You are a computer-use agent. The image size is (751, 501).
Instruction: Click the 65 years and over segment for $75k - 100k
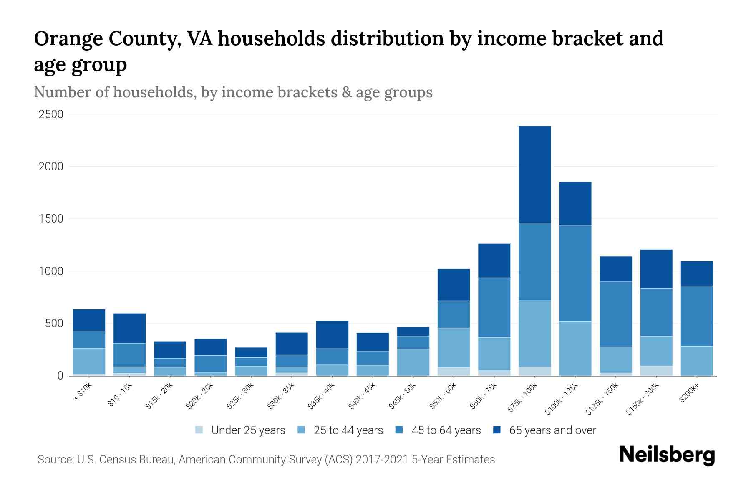(x=534, y=175)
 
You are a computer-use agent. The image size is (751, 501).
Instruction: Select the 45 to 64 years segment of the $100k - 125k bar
(x=575, y=273)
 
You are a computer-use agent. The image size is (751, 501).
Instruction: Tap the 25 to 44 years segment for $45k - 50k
(x=413, y=362)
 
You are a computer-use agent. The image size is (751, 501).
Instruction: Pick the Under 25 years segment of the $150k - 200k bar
(x=656, y=371)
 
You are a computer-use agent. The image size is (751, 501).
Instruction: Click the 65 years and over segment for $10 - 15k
(x=129, y=328)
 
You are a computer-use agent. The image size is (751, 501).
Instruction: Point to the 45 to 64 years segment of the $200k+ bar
(x=696, y=316)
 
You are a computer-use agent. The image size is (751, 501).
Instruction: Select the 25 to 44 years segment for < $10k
(x=89, y=361)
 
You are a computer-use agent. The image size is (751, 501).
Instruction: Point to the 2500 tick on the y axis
(x=51, y=114)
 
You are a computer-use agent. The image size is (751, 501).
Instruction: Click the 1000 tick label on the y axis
(x=51, y=271)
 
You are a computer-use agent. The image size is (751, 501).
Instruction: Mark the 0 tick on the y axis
(x=60, y=376)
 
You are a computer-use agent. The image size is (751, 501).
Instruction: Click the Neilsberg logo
(x=667, y=455)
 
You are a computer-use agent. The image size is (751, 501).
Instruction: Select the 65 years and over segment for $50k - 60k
(x=454, y=285)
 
